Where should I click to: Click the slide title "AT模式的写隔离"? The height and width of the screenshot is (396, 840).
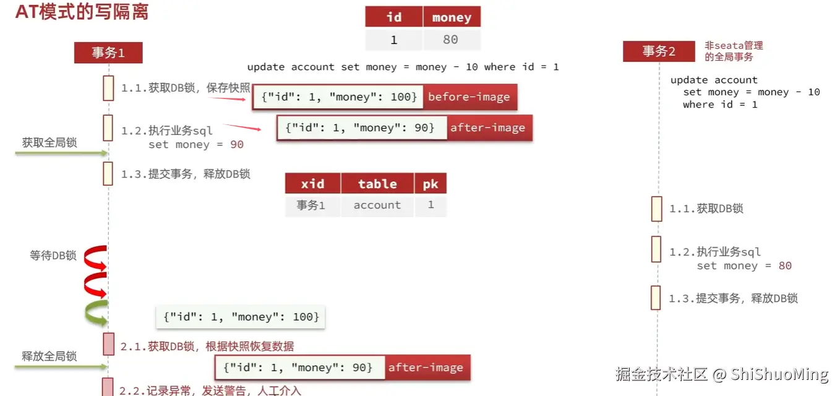point(82,12)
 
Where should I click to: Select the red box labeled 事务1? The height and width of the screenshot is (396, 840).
point(108,53)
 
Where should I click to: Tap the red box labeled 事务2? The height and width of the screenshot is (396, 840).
point(659,51)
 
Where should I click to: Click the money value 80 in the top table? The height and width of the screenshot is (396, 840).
point(451,40)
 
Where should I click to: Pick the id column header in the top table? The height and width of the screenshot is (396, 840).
point(393,17)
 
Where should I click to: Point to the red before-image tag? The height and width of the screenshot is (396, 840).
point(469,97)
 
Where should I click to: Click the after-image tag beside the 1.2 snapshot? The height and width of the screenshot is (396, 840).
point(487,128)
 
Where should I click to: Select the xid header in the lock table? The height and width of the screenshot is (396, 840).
point(312,184)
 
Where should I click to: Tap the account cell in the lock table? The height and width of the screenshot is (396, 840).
point(377,205)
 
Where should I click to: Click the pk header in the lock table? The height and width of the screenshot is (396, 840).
point(431,184)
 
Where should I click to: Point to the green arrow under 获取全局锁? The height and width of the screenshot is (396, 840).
point(61,152)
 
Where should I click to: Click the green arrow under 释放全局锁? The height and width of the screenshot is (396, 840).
point(61,366)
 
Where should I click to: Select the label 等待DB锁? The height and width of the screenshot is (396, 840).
point(53,255)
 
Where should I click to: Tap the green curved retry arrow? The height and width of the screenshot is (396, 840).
point(96,313)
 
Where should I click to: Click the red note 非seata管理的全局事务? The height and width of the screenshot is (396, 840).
point(734,51)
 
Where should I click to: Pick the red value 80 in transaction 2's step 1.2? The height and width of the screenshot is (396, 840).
point(785,266)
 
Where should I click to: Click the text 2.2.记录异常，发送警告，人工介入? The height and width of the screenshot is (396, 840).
point(210,390)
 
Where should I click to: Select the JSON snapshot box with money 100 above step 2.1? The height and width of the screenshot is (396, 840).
point(241,317)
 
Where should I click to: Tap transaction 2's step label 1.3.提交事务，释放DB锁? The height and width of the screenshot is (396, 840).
point(733,298)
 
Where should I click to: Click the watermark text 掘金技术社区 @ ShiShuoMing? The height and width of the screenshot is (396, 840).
point(721,374)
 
